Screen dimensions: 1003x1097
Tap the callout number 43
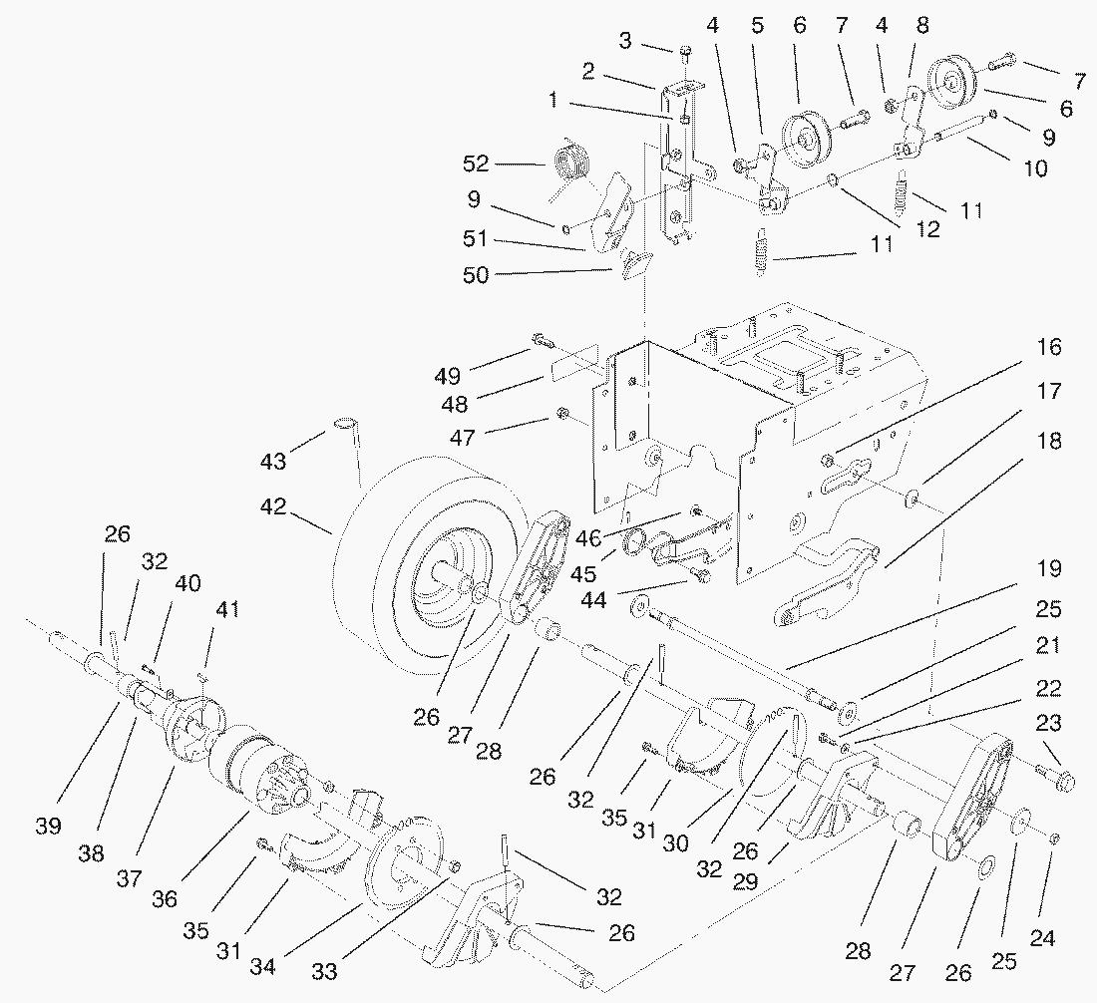click(x=273, y=462)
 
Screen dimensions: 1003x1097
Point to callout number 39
click(x=48, y=827)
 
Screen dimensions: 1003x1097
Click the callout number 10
click(x=1035, y=168)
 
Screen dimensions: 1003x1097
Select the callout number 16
click(x=1048, y=347)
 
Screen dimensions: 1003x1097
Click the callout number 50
click(x=477, y=274)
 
